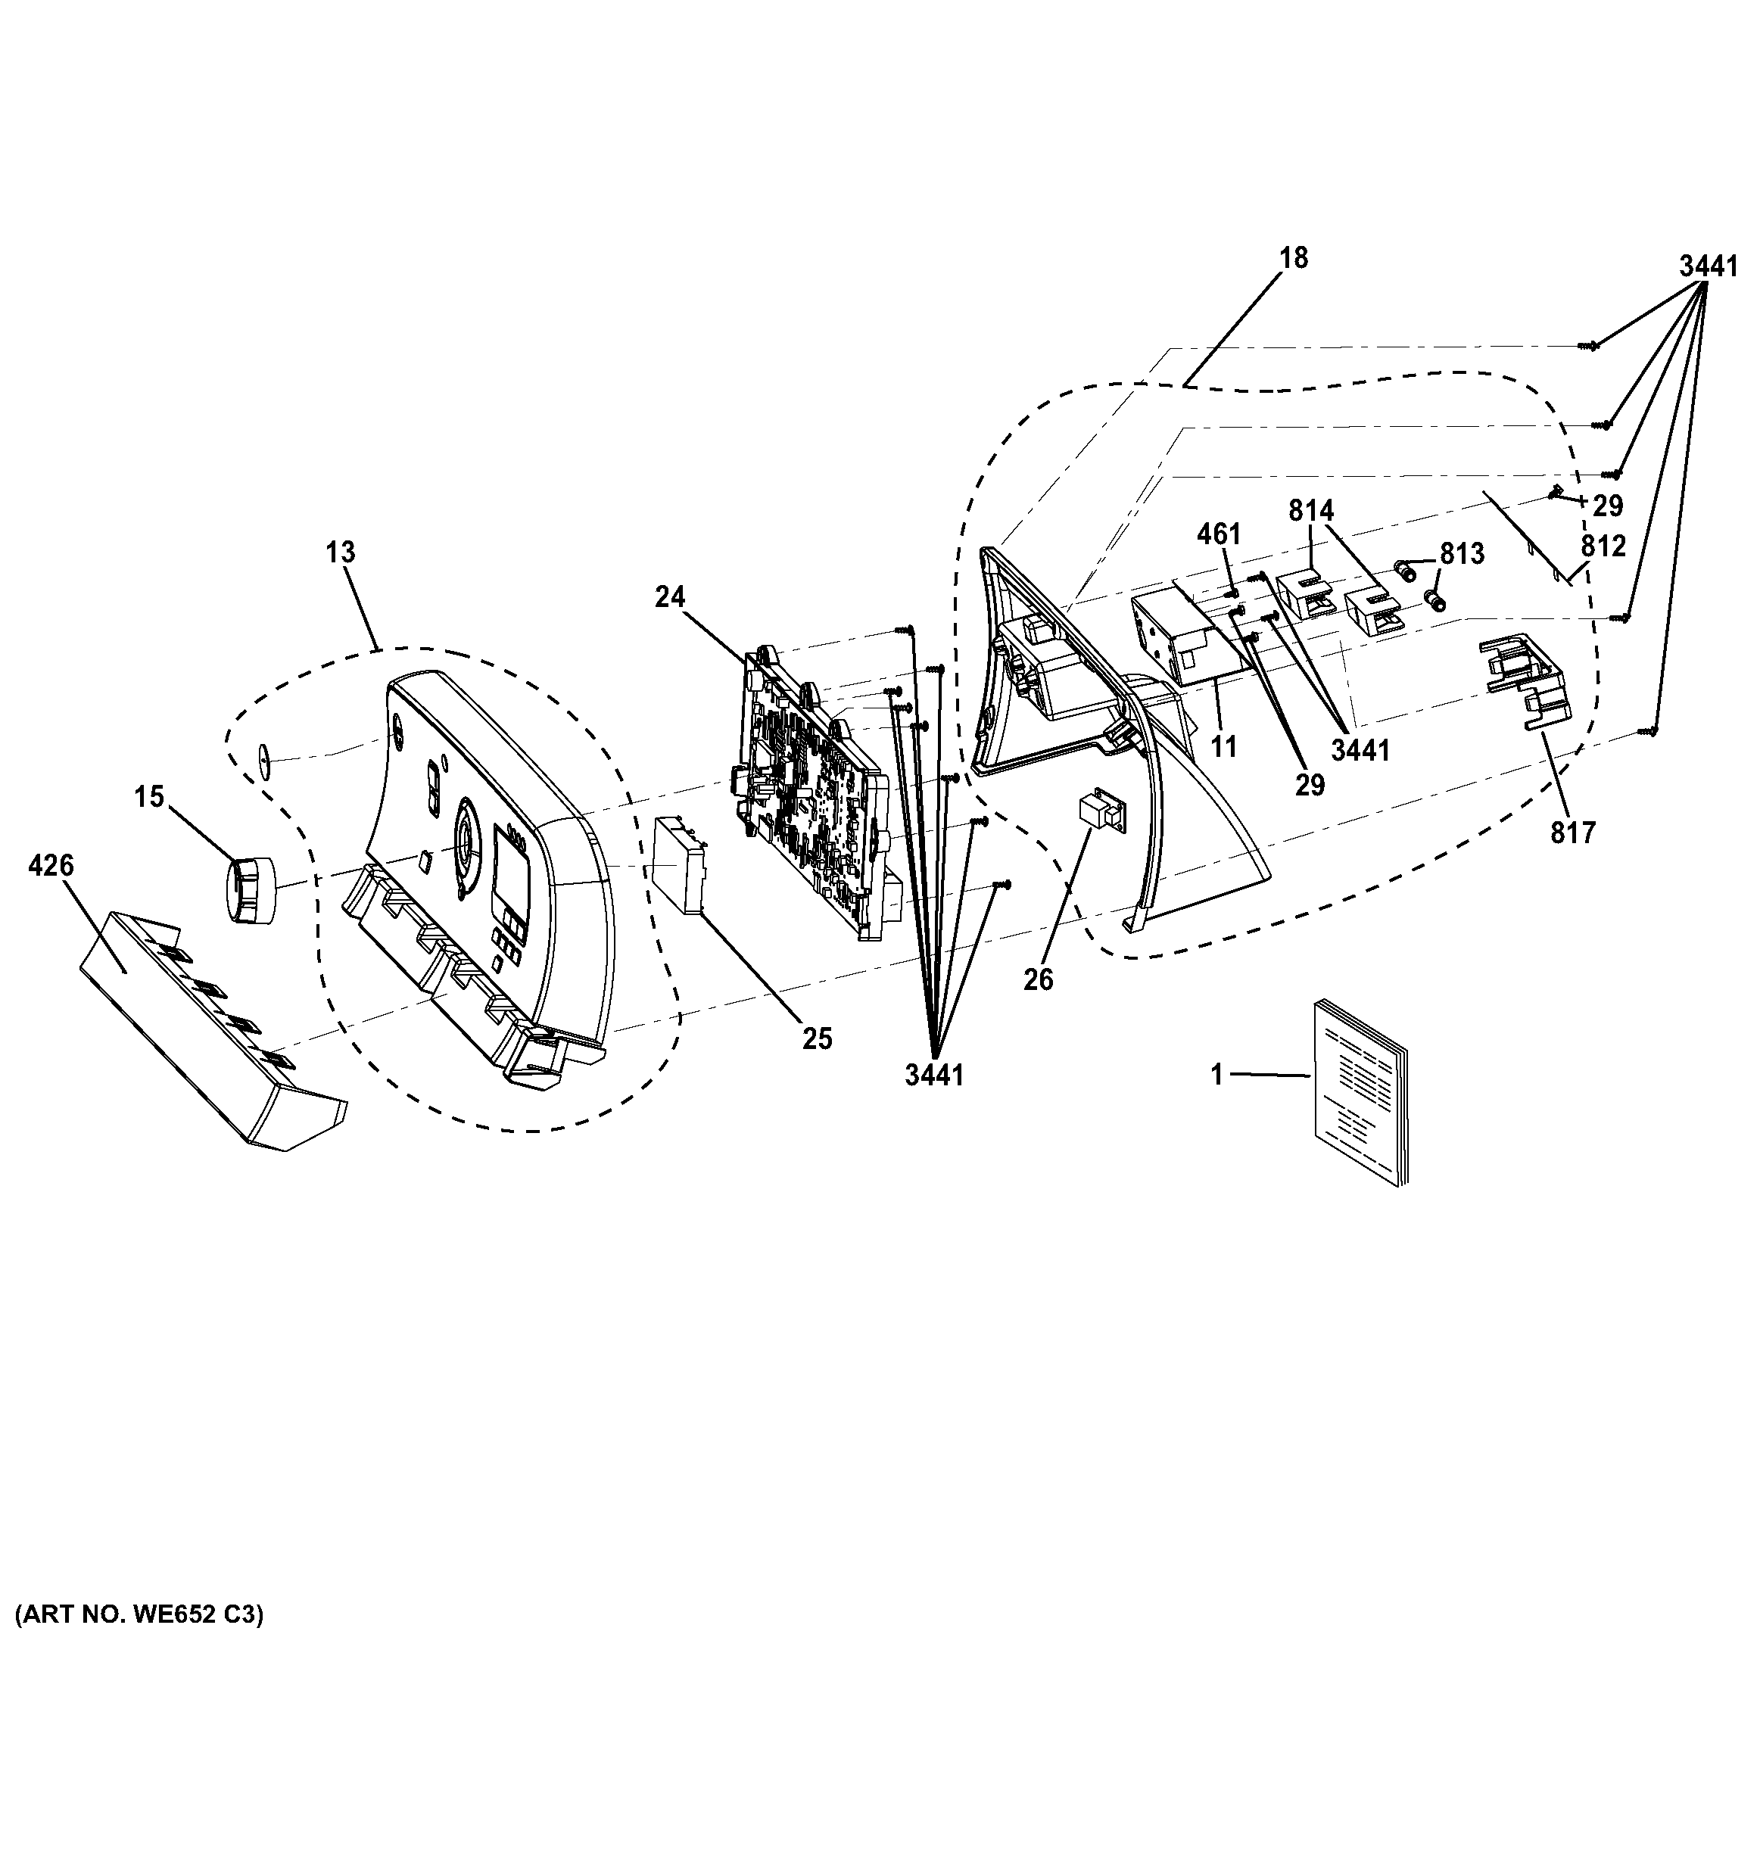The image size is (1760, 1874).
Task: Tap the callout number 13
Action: [341, 553]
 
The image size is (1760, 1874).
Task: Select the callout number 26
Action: [1038, 980]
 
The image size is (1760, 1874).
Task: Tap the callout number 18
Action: [1294, 258]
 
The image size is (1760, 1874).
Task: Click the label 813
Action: [1461, 554]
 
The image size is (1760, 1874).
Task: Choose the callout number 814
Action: [1311, 511]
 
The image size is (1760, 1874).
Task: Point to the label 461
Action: [1218, 534]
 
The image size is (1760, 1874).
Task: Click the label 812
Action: [1603, 546]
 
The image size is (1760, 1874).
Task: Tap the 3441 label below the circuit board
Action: [934, 1075]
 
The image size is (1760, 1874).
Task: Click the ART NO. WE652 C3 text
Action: [139, 1614]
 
